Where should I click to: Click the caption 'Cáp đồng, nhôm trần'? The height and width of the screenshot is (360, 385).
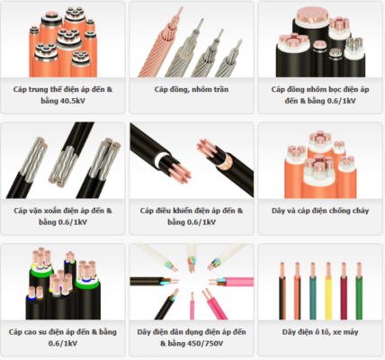(x=192, y=89)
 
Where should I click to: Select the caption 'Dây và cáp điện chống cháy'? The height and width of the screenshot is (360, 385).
(x=320, y=211)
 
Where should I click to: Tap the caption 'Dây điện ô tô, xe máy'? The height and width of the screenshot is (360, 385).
(x=320, y=332)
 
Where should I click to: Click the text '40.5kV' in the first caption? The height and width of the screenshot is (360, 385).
(x=73, y=101)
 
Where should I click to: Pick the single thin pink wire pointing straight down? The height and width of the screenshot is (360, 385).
(x=192, y=306)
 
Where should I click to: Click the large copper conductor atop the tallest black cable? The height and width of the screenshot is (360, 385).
(x=312, y=16)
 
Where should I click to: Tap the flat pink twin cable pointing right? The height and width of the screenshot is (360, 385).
(x=232, y=282)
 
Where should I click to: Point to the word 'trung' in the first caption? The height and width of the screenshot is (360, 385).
(x=39, y=89)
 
